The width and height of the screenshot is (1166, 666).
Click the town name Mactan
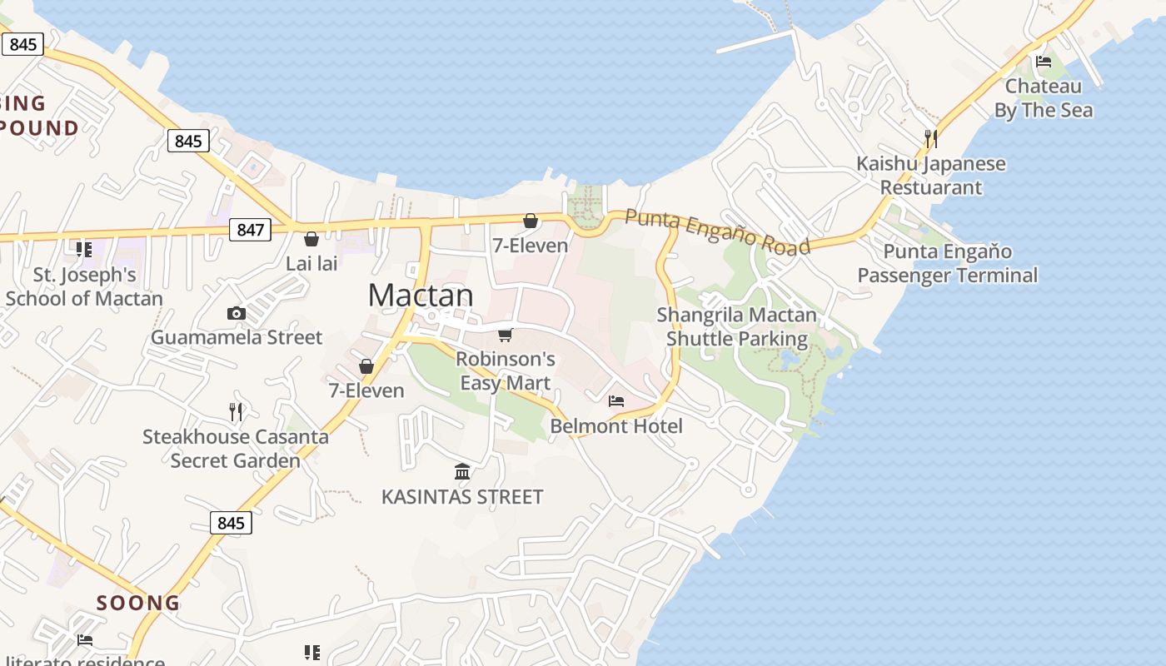(x=421, y=296)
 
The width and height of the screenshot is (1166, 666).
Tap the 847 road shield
(x=250, y=230)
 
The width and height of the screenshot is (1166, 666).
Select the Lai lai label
(x=311, y=264)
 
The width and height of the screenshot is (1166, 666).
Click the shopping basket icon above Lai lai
(x=311, y=240)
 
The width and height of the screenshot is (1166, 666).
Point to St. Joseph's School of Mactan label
(x=84, y=286)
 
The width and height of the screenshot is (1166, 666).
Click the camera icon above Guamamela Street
(x=237, y=314)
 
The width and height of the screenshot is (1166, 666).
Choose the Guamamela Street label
(x=236, y=337)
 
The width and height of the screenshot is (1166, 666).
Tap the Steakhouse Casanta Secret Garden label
(x=236, y=448)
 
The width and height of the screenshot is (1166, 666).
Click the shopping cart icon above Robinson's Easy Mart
(x=505, y=335)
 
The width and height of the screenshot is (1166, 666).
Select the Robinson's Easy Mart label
(x=506, y=370)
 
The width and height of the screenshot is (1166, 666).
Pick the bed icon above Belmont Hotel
(x=616, y=401)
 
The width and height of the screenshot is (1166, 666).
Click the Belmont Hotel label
(x=616, y=426)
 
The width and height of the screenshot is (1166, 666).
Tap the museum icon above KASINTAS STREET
(x=462, y=472)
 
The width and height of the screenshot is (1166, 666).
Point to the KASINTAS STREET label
(x=462, y=497)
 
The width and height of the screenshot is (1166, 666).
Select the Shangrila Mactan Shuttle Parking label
(x=737, y=326)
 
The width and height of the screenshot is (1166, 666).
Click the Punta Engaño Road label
(x=717, y=232)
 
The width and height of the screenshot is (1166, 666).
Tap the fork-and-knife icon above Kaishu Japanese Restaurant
(x=931, y=138)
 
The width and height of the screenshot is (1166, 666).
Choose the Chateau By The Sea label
(x=1044, y=97)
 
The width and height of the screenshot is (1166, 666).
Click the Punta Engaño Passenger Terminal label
(x=948, y=263)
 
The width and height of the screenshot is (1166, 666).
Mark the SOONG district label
(x=138, y=603)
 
